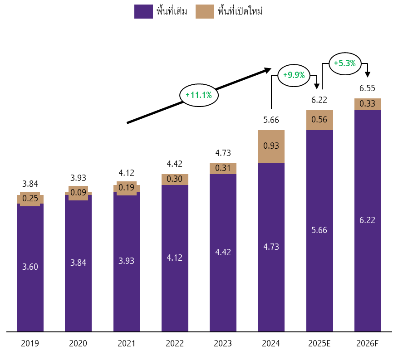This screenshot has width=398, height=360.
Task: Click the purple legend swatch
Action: [143, 12]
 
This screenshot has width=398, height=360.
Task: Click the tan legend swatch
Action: [205, 12]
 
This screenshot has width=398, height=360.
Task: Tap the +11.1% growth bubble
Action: [199, 95]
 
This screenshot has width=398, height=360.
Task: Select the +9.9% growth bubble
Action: [294, 75]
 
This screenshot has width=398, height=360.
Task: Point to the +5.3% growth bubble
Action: [345, 63]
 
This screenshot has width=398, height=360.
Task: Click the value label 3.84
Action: [78, 263]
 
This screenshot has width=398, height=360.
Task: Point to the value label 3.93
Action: [126, 261]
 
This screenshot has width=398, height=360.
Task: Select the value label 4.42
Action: [223, 252]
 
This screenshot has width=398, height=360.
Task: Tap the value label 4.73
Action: [271, 247]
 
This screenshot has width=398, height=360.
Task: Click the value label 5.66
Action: [319, 230]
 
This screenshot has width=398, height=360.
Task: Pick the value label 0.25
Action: [30, 198]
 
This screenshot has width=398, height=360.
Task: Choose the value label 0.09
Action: [78, 192]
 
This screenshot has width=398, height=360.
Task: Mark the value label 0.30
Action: [174, 179]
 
